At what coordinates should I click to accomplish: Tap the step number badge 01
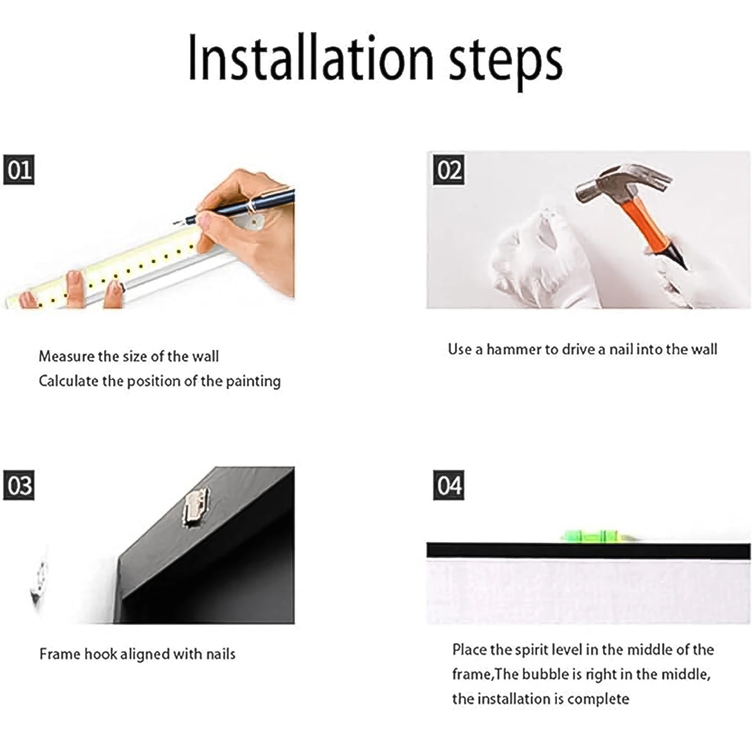click(19, 170)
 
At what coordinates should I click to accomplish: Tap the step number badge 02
click(449, 170)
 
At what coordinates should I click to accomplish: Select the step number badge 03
click(19, 485)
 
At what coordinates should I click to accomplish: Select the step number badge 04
click(449, 485)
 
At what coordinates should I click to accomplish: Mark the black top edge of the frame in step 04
click(587, 550)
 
